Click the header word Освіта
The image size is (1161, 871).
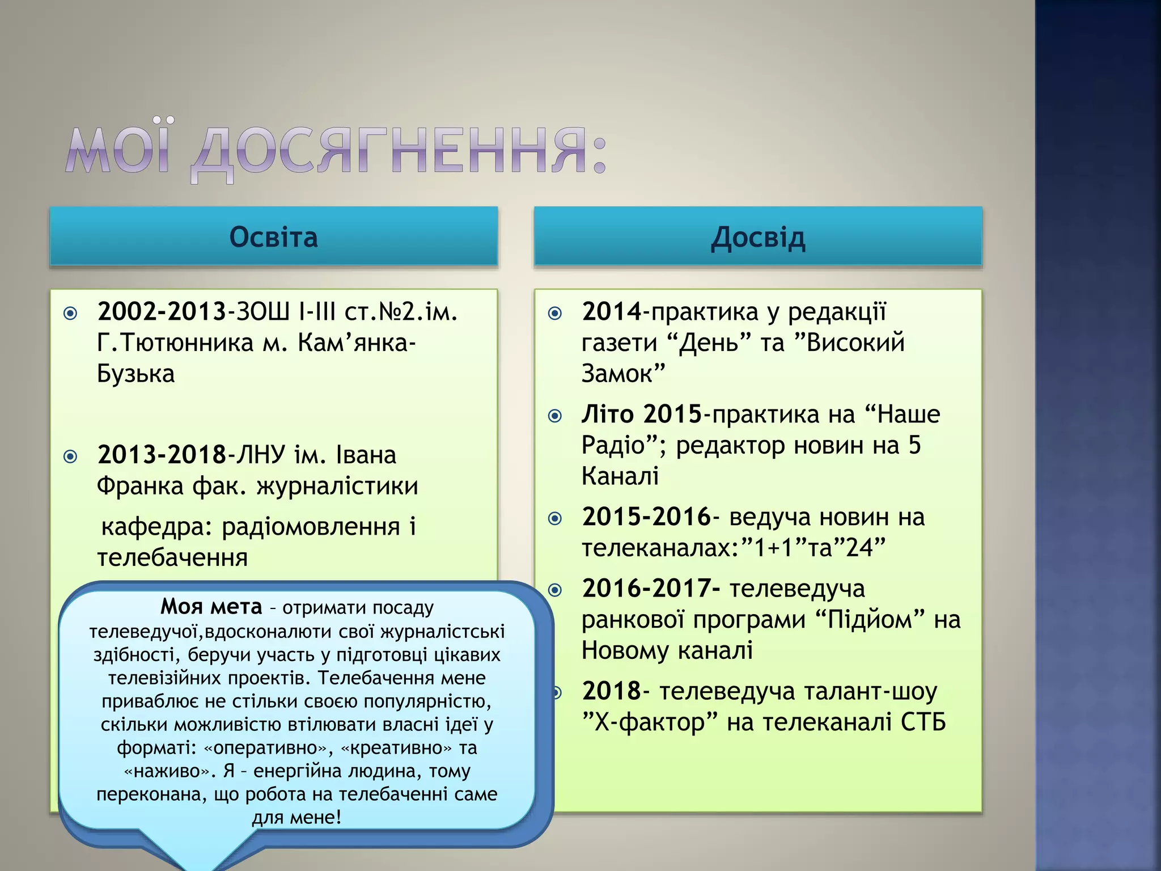pos(273,237)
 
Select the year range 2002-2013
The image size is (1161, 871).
pos(162,311)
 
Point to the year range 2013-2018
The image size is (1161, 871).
pos(162,455)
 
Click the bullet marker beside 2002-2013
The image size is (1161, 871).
pos(71,313)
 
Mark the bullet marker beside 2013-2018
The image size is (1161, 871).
pos(71,456)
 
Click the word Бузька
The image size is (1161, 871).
pos(136,374)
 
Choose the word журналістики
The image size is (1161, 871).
pos(337,486)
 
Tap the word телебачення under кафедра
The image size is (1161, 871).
pos(172,557)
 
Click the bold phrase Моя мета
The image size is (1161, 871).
pos(211,607)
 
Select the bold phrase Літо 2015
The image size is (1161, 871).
pos(642,415)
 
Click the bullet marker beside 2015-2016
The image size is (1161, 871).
pos(556,518)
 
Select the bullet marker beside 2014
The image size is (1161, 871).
pos(556,313)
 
